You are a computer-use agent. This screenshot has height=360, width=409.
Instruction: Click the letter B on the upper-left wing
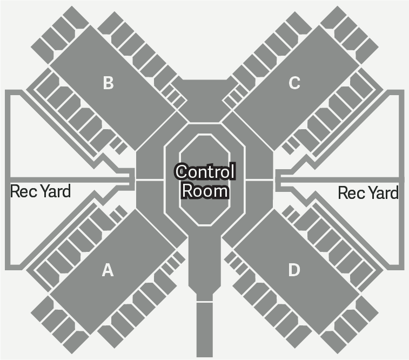(x=108, y=83)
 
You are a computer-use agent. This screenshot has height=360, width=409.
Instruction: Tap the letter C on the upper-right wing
(x=294, y=83)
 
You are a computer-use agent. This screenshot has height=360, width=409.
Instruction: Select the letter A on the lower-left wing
(x=108, y=270)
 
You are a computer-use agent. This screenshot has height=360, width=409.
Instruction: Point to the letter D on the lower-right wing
(x=294, y=270)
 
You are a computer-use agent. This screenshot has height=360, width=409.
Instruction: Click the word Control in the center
(x=205, y=172)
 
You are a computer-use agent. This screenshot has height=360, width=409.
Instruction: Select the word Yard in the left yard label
(x=56, y=191)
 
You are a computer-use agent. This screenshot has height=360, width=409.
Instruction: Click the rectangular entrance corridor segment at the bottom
(x=204, y=330)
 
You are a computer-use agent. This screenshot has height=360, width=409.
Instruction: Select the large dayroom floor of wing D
(x=296, y=272)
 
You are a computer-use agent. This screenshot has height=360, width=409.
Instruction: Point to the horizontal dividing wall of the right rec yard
(x=340, y=180)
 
